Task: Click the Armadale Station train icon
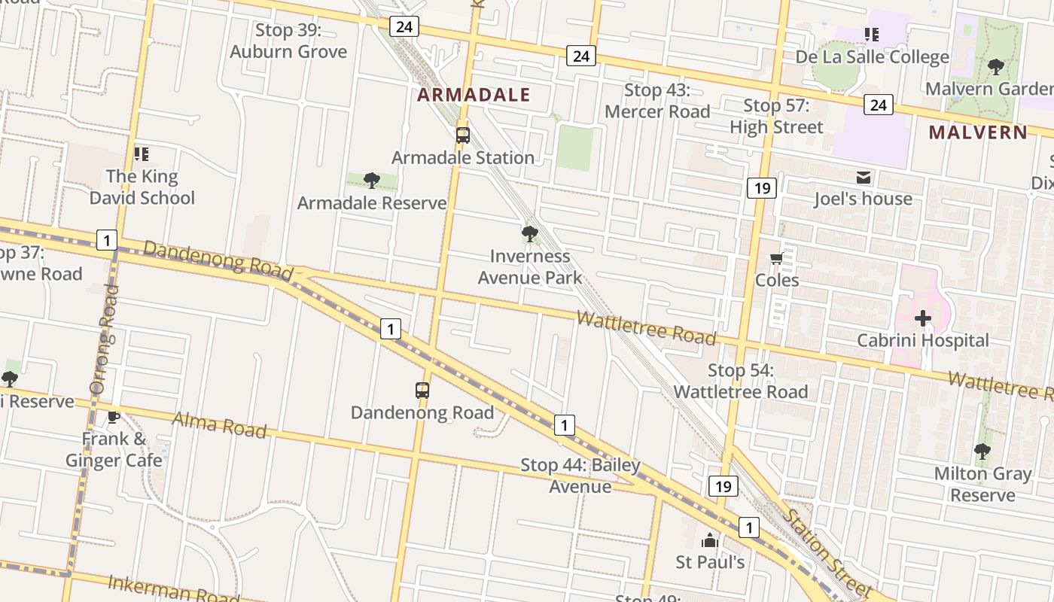[462, 135]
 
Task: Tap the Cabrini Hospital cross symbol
[923, 318]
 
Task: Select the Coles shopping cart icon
[776, 259]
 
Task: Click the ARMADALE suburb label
[474, 95]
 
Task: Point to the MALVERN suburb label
[977, 132]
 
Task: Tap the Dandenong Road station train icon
[422, 391]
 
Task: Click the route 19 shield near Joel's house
[762, 187]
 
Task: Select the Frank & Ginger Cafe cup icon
[114, 416]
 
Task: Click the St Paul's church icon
[709, 540]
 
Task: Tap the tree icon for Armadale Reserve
[371, 180]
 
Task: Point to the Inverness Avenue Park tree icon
[530, 234]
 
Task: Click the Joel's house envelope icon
[864, 178]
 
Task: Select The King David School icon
[141, 154]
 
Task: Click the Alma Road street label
[219, 424]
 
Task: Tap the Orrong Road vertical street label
[103, 339]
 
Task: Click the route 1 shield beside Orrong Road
[107, 241]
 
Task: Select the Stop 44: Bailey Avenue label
[580, 476]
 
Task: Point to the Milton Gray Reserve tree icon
[982, 451]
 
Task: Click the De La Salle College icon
[872, 35]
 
